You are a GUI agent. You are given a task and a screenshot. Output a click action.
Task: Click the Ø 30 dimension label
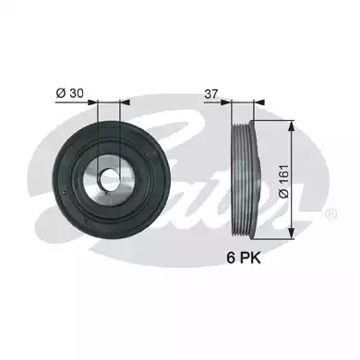click(x=69, y=93)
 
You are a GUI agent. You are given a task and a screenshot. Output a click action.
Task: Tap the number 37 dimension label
click(x=211, y=94)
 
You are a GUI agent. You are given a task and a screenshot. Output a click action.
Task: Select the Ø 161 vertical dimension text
click(x=283, y=182)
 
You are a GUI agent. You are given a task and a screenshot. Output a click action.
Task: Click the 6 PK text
click(x=244, y=258)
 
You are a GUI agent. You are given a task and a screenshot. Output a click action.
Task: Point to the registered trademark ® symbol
click(x=331, y=214)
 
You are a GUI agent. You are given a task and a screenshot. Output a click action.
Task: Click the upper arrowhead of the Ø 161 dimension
click(x=292, y=125)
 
